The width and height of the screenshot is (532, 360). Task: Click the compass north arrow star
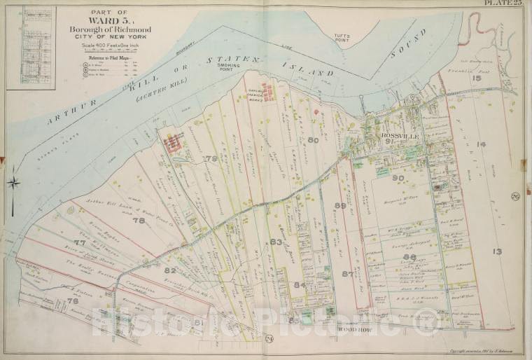point(14,184)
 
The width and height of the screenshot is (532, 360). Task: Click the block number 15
point(477,78)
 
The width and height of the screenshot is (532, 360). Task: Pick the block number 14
point(480,144)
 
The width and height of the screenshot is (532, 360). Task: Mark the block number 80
point(312,141)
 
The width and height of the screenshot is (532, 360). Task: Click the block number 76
point(72,301)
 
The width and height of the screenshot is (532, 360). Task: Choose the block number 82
point(170,270)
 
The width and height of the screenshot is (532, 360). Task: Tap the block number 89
point(341,205)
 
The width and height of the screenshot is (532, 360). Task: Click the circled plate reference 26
point(514,195)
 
